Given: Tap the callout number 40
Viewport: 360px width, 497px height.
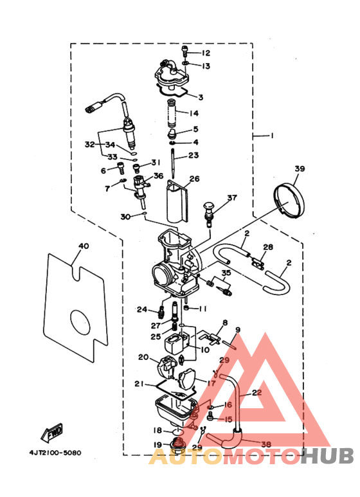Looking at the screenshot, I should (x=82, y=246).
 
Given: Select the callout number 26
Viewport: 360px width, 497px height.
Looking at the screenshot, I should (x=194, y=179).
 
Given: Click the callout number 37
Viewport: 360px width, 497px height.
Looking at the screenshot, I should (x=231, y=198).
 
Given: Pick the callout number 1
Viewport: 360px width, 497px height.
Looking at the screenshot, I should (x=273, y=136).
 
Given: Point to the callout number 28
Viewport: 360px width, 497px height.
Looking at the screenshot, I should (x=268, y=247).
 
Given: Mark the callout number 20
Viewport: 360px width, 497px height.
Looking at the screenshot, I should (x=143, y=357).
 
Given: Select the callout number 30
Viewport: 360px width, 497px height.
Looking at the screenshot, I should (x=126, y=217).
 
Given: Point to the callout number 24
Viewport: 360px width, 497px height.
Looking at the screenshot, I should (x=143, y=309).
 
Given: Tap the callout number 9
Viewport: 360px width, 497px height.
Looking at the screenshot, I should (x=237, y=330).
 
